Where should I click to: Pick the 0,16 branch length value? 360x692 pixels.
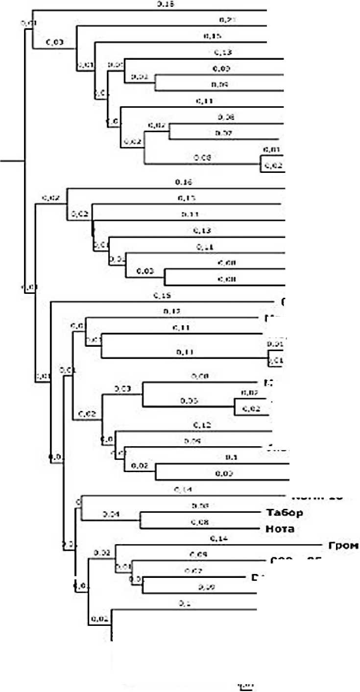tap(182, 182)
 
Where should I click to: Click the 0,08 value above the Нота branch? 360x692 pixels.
tap(198, 523)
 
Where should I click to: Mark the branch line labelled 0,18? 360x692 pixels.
tap(147, 10)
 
